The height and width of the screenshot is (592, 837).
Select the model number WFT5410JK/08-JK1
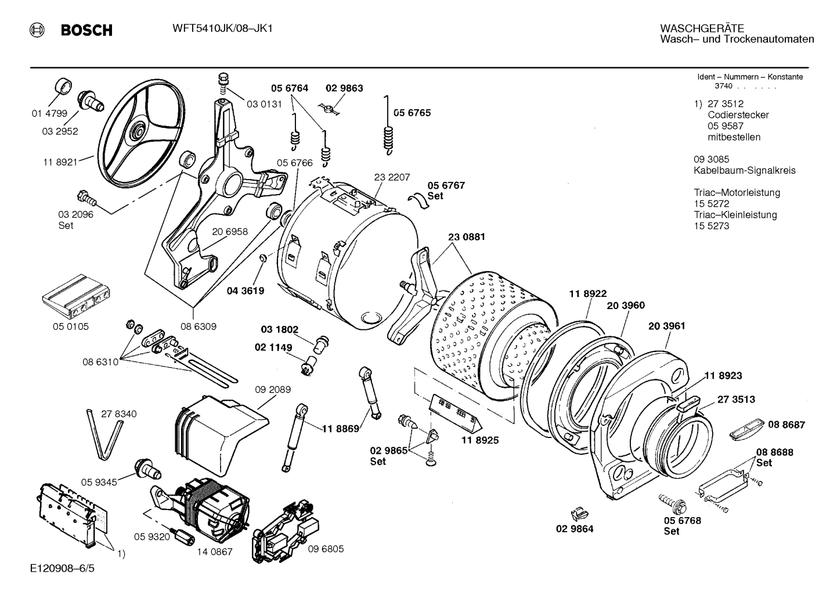pyautogui.click(x=214, y=28)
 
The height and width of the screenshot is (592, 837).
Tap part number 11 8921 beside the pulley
pyautogui.click(x=60, y=162)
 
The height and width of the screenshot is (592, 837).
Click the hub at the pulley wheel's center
pyautogui.click(x=138, y=128)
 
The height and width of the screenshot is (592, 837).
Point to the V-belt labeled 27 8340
pyautogui.click(x=104, y=433)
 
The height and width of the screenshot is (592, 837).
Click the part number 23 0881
pyautogui.click(x=467, y=237)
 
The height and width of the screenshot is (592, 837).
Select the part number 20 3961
pyautogui.click(x=666, y=326)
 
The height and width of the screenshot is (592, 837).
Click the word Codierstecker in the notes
pyautogui.click(x=738, y=115)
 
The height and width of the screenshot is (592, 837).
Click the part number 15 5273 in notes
pyautogui.click(x=711, y=226)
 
